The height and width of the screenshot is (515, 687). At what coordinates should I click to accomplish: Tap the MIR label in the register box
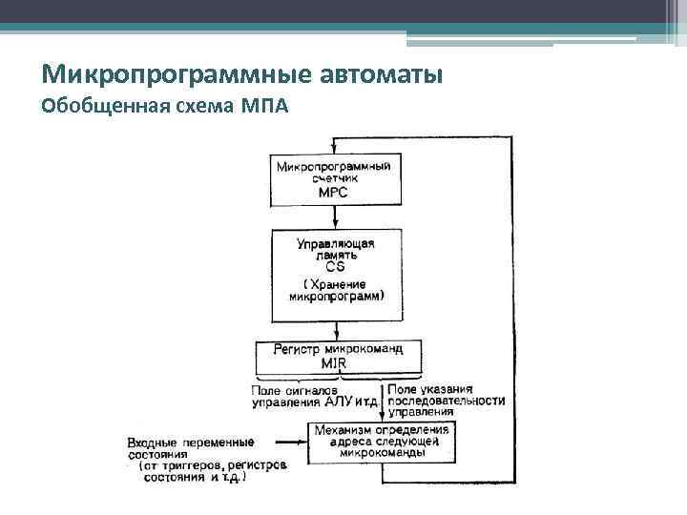[333, 363]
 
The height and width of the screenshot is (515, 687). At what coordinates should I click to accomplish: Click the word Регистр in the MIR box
[299, 349]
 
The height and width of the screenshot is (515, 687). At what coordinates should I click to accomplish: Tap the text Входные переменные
[190, 443]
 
